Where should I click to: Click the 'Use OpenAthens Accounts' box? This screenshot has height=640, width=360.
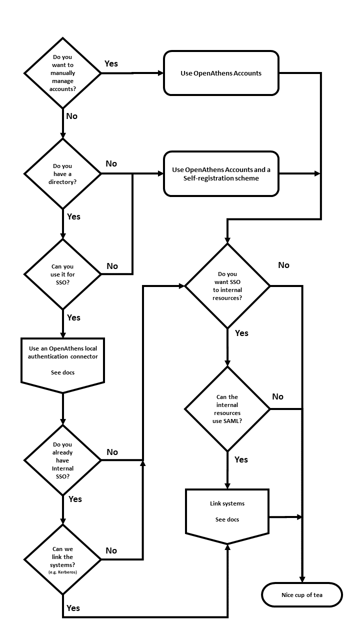(x=220, y=73)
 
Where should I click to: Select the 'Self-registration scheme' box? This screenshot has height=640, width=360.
(x=220, y=174)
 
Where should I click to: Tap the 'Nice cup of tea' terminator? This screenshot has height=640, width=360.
(x=302, y=595)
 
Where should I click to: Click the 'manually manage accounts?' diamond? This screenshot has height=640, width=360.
(x=62, y=73)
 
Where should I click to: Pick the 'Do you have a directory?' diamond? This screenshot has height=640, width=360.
(x=62, y=173)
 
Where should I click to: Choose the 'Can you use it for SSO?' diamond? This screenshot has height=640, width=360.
(x=62, y=274)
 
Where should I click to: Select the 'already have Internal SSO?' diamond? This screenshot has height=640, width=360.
(x=62, y=460)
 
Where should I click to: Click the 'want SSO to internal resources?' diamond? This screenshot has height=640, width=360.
(x=227, y=286)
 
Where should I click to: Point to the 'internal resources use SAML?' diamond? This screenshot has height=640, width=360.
(x=227, y=409)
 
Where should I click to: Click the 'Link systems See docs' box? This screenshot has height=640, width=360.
(x=227, y=512)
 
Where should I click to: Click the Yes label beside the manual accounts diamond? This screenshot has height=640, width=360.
(x=111, y=63)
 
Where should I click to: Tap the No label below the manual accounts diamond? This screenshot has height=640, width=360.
(x=72, y=116)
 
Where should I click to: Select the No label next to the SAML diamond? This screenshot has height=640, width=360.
(x=277, y=396)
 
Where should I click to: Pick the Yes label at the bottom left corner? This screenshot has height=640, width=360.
(x=73, y=608)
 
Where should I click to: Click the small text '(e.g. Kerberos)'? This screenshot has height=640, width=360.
(x=62, y=571)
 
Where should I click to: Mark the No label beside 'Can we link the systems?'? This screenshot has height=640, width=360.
(x=111, y=550)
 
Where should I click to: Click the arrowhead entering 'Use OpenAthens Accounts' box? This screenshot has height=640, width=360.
(x=161, y=73)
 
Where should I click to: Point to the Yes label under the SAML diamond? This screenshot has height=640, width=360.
(x=241, y=459)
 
